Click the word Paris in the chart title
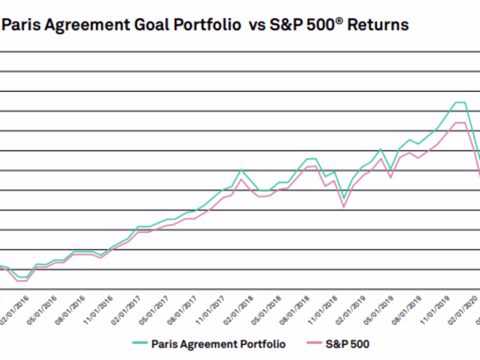(22, 25)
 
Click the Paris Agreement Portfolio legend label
(218, 344)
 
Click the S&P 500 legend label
(349, 344)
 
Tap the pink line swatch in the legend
(313, 344)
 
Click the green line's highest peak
(460, 102)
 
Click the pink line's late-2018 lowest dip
(344, 206)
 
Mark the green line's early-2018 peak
(241, 169)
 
